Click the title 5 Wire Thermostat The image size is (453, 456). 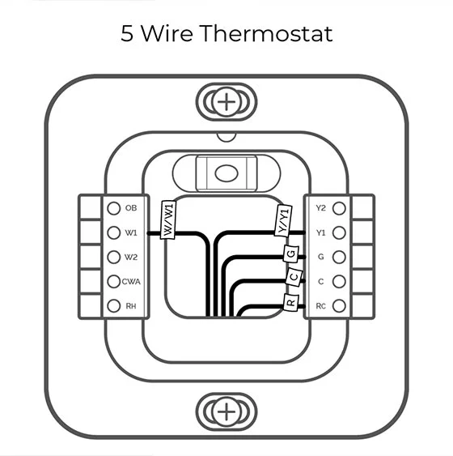226,34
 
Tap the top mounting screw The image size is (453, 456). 227,102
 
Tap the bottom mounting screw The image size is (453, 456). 227,411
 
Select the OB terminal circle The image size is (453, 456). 114,208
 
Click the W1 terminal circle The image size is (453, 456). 114,232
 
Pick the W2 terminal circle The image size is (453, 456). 114,258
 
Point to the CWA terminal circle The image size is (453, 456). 114,282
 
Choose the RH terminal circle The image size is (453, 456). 114,306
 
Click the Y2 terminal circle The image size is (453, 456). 339,208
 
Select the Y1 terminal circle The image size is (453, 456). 339,232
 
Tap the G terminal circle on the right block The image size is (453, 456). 339,258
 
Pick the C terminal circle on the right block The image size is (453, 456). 339,282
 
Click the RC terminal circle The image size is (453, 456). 339,306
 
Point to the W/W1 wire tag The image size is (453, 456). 169,219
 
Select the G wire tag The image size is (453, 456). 290,254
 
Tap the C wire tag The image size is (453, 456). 293,277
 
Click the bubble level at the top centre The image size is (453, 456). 226,173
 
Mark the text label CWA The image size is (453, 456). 132,282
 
